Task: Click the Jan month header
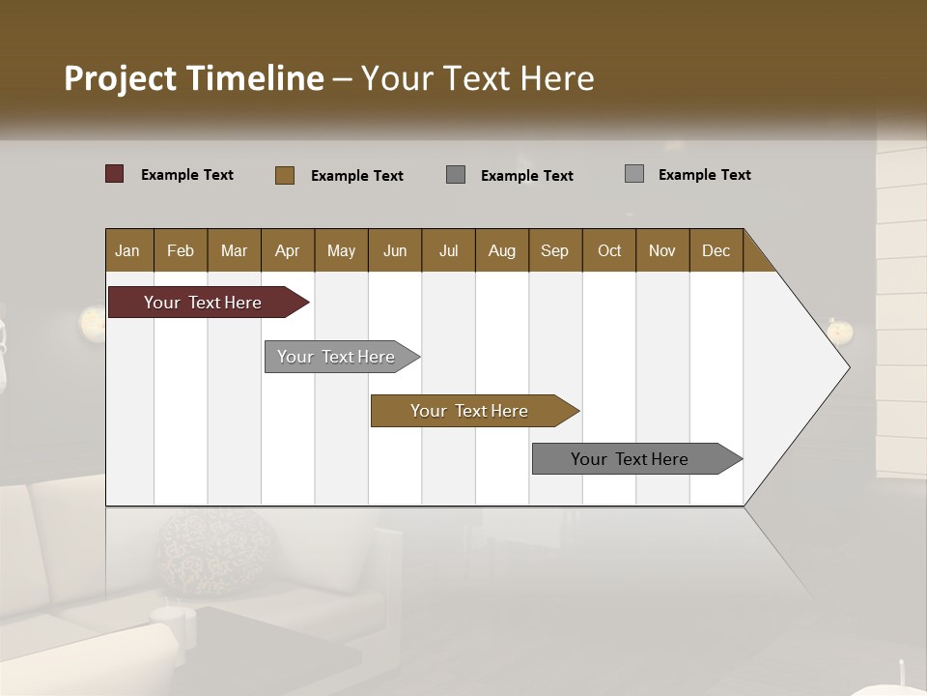[128, 250]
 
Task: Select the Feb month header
[181, 250]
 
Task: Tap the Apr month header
[287, 250]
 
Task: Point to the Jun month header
[395, 250]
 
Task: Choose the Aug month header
[501, 250]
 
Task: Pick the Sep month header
[554, 250]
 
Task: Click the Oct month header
[609, 250]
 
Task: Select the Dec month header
[716, 250]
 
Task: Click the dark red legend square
[115, 174]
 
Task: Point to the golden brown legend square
[285, 175]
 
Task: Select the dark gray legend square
[456, 175]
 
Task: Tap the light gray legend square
[634, 174]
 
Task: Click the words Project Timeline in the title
[194, 78]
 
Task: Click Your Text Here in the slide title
[478, 78]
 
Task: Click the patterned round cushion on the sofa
[203, 551]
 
